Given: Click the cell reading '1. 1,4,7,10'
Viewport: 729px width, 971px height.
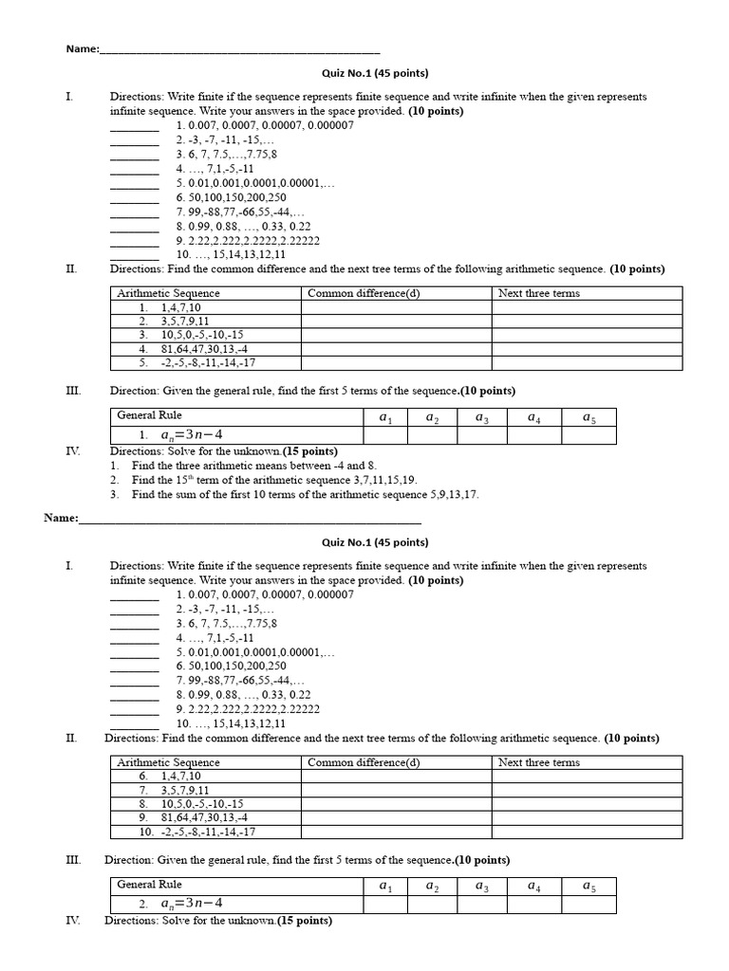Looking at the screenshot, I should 168,308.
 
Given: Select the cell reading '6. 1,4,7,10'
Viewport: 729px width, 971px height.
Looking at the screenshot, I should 168,777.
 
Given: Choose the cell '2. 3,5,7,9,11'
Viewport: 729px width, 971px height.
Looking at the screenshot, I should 174,321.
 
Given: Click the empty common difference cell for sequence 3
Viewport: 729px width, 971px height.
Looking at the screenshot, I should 396,335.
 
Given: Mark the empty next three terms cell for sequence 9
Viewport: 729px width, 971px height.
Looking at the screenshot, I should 587,817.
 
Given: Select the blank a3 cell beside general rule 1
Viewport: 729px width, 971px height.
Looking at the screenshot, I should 482,434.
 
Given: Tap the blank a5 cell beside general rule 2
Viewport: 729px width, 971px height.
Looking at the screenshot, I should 589,904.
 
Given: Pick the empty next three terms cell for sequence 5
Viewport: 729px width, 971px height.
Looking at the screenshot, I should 587,362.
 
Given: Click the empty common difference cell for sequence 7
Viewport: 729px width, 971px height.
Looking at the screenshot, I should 396,790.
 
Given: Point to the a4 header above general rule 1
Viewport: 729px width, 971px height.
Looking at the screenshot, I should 535,417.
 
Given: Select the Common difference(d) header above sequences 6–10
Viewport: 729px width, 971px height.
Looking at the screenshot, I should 364,762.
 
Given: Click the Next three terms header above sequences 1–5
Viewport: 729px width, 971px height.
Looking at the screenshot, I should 538,294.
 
